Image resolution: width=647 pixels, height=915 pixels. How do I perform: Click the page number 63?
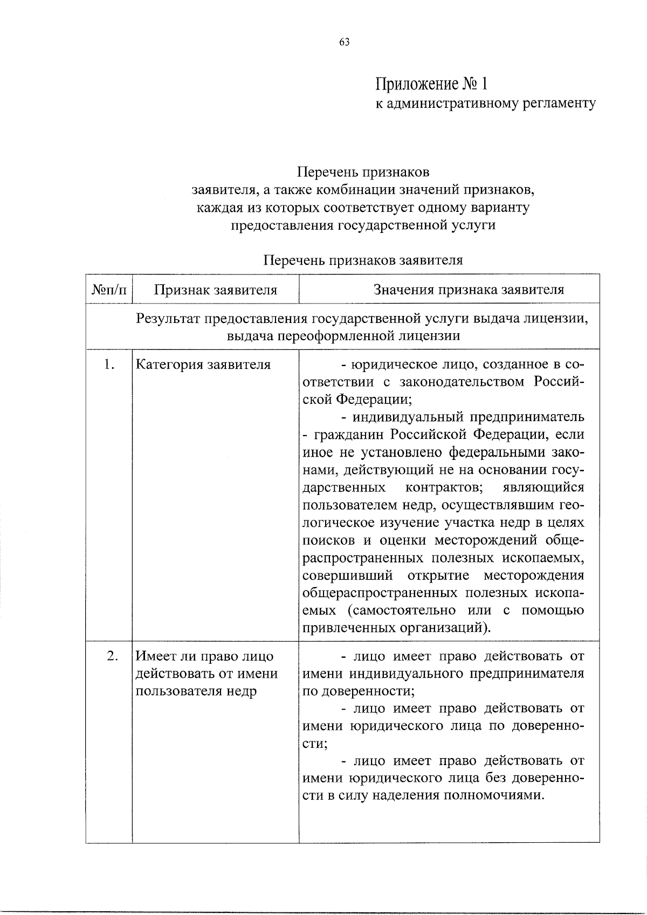[x=345, y=43]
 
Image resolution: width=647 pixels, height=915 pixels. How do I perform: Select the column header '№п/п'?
[x=109, y=290]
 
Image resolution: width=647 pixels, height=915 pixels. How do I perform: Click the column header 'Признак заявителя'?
[x=216, y=290]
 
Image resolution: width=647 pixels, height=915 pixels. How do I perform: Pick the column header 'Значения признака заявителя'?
[x=469, y=290]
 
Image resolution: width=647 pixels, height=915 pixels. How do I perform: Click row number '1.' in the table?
[x=109, y=364]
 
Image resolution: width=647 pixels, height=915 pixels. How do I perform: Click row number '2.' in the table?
[x=112, y=656]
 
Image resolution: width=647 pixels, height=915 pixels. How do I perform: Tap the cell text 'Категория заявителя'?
[x=203, y=364]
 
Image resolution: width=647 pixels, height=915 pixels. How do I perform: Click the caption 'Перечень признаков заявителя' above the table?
[x=363, y=260]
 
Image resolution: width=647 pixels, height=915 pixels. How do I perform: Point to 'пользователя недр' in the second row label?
[x=195, y=691]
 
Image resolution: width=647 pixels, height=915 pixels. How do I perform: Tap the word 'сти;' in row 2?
[x=314, y=744]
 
